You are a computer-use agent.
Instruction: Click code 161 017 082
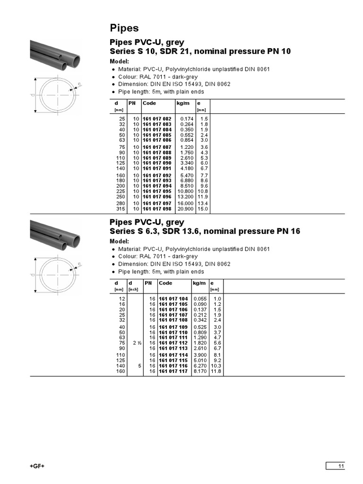click(157, 119)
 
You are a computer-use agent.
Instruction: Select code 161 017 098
click(157, 208)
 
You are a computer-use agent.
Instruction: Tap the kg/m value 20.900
click(185, 208)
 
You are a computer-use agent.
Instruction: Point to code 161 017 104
click(173, 299)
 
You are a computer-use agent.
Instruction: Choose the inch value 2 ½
click(137, 343)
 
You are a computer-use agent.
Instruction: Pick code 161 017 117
click(173, 372)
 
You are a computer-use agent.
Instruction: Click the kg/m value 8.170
click(200, 372)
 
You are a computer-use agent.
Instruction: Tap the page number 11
click(341, 467)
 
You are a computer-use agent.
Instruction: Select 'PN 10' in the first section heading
click(280, 51)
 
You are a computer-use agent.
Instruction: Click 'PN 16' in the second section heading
click(289, 231)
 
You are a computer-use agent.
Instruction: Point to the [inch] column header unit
click(134, 289)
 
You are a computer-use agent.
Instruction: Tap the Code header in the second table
click(165, 283)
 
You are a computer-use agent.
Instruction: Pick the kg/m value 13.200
click(185, 197)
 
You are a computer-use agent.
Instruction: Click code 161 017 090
click(157, 163)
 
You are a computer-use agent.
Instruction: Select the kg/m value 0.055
click(200, 299)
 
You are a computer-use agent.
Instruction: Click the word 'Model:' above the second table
click(119, 241)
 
